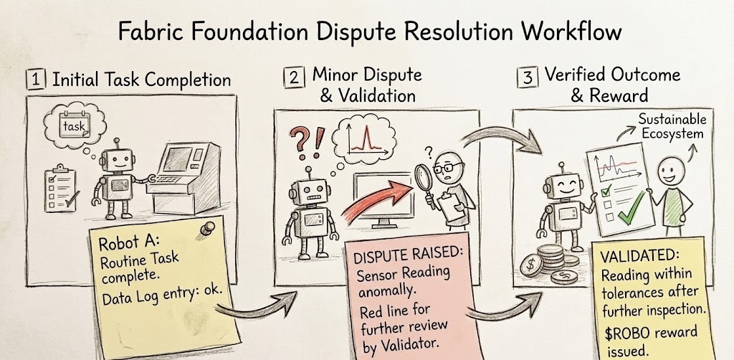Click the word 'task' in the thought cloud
coord(73,127)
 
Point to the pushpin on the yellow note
coord(209,229)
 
